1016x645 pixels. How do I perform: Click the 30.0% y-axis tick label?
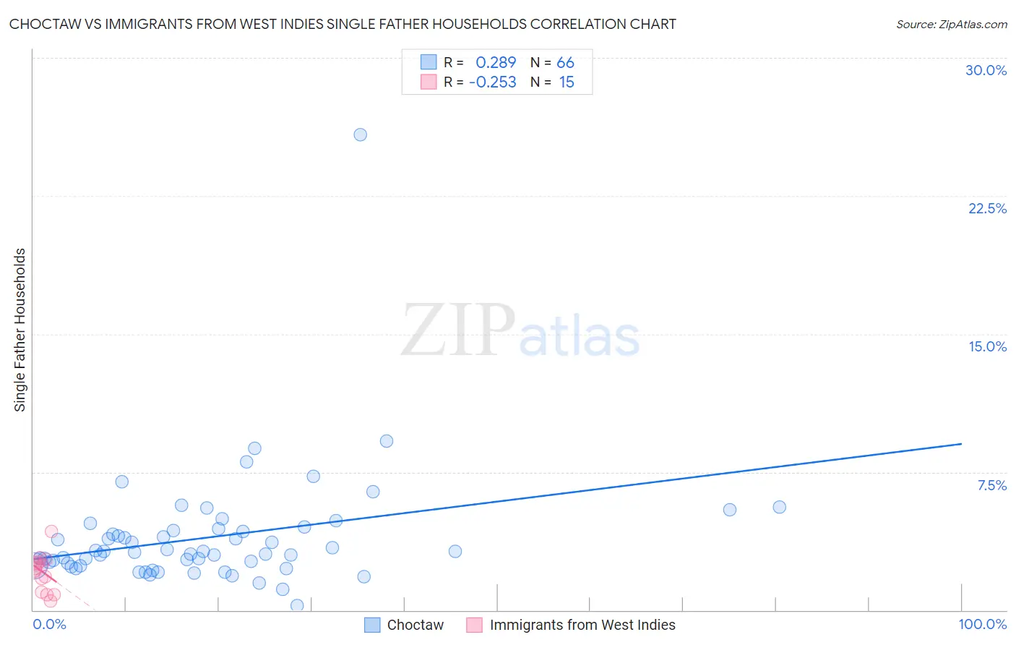pos(986,70)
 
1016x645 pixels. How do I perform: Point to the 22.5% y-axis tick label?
pos(987,208)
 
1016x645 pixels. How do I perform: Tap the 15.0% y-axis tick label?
pos(987,346)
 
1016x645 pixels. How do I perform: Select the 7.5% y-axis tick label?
pos(991,485)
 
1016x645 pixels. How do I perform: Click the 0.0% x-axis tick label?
pos(49,624)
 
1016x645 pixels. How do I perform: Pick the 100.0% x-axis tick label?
pos(982,624)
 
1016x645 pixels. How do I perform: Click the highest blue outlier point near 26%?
pos(360,134)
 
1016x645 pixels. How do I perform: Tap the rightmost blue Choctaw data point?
pos(779,507)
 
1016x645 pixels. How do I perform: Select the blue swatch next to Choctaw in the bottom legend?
pos(372,625)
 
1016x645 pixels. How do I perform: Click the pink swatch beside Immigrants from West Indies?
pos(474,625)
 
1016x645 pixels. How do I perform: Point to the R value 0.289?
pos(496,63)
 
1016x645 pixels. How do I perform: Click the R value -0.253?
pos(493,82)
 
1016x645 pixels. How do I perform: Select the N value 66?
pos(565,63)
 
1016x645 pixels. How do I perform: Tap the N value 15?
pos(567,82)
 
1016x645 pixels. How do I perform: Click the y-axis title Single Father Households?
pos(20,330)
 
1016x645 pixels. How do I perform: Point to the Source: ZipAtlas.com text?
pos(951,24)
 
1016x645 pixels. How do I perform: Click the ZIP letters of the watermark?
pos(457,330)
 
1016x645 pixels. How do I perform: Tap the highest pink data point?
pos(51,531)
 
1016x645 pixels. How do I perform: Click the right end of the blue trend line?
pos(961,443)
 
